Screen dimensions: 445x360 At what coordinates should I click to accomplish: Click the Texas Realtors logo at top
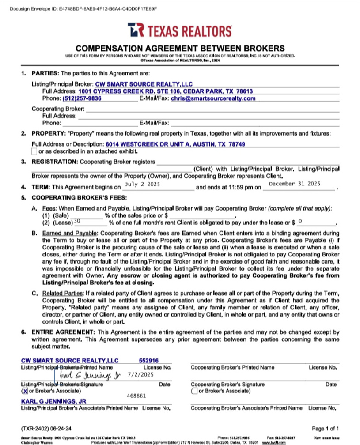coord(180,31)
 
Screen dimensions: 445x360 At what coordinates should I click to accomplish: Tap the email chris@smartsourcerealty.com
coord(213,98)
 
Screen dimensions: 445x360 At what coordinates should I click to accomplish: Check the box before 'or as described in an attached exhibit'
coord(34,151)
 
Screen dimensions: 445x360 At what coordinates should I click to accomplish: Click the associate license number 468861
coord(136,396)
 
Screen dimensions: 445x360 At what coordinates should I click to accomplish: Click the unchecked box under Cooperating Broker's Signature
coord(193,391)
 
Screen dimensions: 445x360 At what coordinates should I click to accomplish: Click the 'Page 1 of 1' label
coord(325,428)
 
